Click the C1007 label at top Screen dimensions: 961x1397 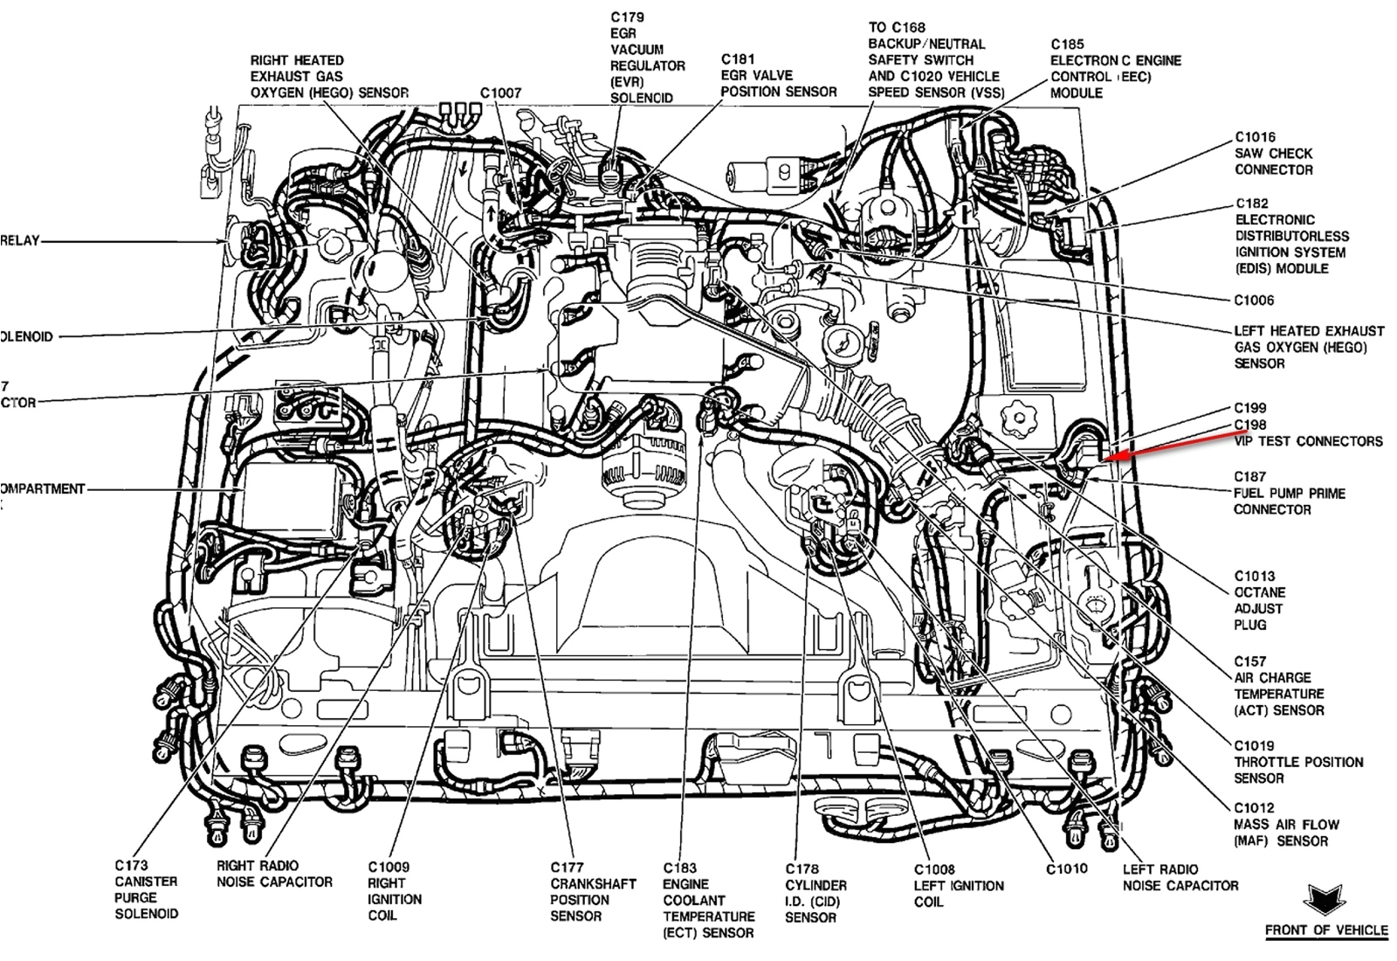tap(500, 93)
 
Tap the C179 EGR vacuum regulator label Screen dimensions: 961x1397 tap(647, 58)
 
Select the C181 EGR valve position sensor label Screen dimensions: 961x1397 tap(778, 75)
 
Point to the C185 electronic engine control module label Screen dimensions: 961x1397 tap(1115, 68)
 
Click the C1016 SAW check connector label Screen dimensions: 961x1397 tap(1273, 153)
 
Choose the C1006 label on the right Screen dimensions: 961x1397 tap(1254, 301)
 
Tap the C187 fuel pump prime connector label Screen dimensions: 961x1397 tap(1289, 493)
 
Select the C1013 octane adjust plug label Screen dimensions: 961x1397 tap(1258, 600)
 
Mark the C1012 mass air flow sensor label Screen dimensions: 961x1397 tap(1285, 824)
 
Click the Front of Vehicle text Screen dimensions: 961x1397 tap(1325, 930)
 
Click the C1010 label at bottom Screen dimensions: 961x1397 tap(1067, 868)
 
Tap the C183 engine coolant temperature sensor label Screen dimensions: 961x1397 tap(708, 900)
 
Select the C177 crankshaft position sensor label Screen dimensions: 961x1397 tap(580, 891)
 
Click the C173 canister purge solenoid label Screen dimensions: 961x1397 tap(146, 889)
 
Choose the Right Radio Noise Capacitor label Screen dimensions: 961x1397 tap(274, 874)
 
